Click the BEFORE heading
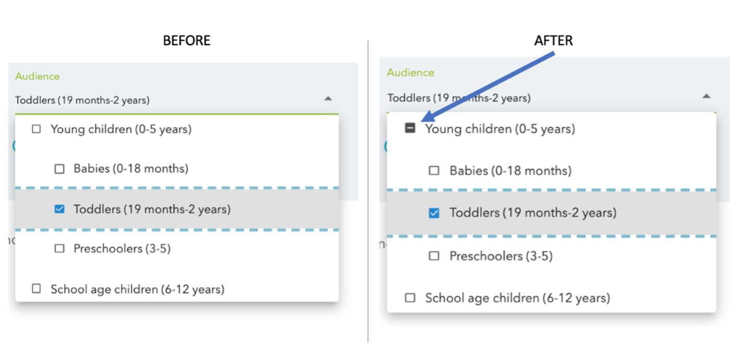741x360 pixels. click(x=187, y=41)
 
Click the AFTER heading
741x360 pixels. click(x=554, y=41)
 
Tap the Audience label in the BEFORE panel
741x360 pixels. click(x=38, y=76)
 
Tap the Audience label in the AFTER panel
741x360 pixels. click(x=411, y=73)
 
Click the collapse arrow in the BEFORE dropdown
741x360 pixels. click(x=328, y=99)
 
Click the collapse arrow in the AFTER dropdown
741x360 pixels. click(x=706, y=97)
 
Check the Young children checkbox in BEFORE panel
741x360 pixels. click(x=37, y=129)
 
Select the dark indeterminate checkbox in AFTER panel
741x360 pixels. click(x=410, y=128)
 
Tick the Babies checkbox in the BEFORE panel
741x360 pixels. click(x=59, y=169)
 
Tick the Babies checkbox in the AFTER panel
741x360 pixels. click(x=434, y=171)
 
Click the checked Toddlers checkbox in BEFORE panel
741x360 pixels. click(x=59, y=209)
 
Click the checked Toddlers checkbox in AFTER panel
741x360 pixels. click(x=434, y=213)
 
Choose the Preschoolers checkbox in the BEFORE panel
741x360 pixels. click(x=59, y=248)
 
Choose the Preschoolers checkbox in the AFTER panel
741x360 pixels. click(x=434, y=256)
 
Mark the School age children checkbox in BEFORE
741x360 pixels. click(x=37, y=289)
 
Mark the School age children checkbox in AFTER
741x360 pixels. click(x=410, y=298)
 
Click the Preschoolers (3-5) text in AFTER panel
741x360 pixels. click(x=501, y=256)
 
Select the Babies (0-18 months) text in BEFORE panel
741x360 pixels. click(x=131, y=169)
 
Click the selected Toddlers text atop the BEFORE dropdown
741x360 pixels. click(x=82, y=100)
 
